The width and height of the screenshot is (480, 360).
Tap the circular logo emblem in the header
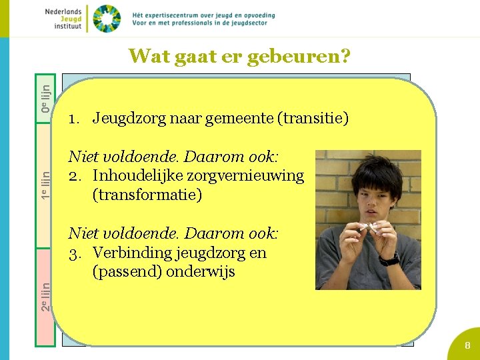pos(107,19)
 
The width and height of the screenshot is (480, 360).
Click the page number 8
pos(467,345)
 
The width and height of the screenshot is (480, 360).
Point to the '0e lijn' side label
pos(45,97)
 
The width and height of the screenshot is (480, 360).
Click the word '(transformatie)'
pos(147,195)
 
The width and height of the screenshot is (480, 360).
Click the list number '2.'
pos(76,176)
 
